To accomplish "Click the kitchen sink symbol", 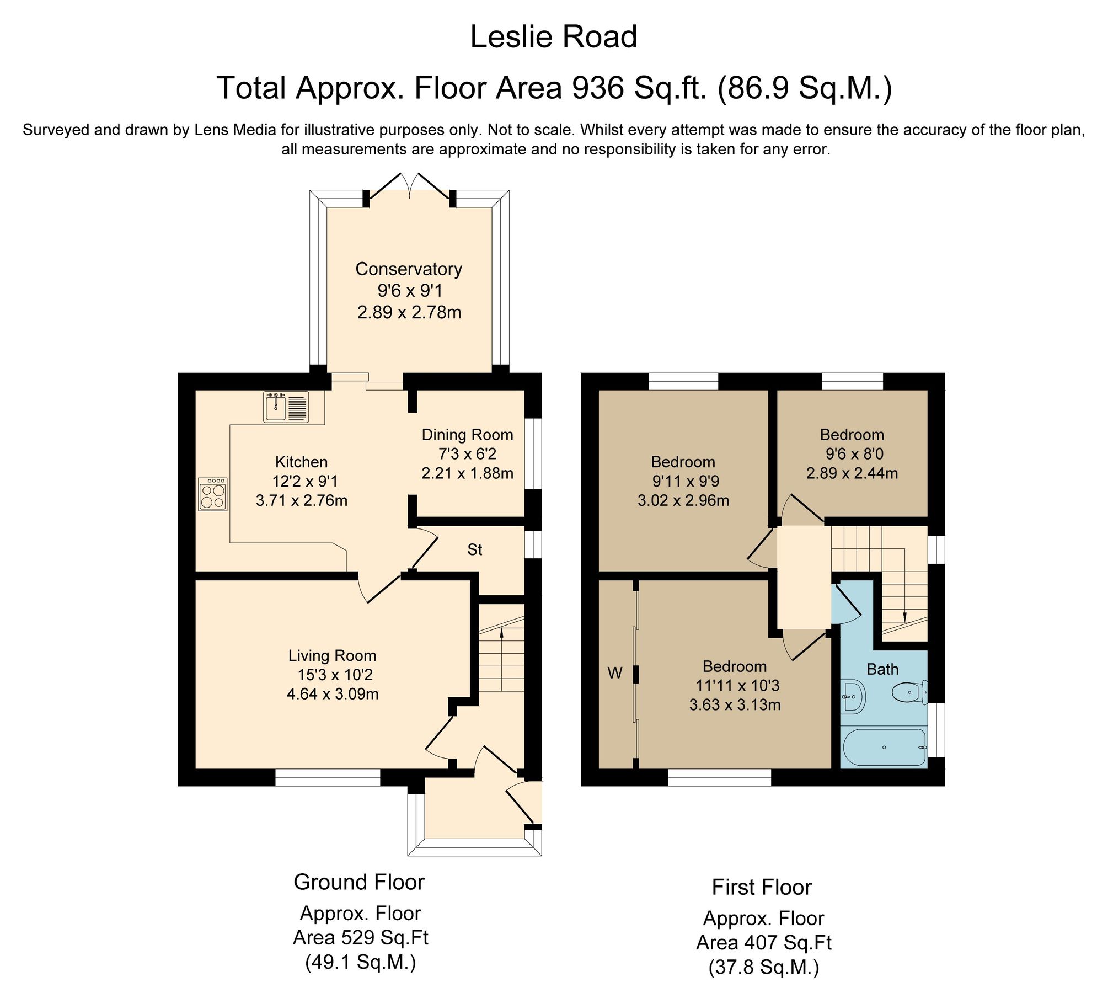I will tap(286, 407).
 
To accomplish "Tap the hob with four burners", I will tap(213, 494).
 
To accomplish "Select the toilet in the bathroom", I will tap(909, 693).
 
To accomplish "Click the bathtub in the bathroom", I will tap(884, 748).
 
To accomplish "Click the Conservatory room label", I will tap(408, 269).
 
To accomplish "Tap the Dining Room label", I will tap(467, 435).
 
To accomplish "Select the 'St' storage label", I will tap(474, 549).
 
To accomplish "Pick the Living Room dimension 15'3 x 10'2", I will tap(332, 675).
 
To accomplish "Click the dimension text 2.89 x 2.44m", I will tap(852, 473).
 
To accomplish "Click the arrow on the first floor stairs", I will tap(904, 617).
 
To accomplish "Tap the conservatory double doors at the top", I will tap(409, 185).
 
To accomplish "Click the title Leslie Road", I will tap(553, 37).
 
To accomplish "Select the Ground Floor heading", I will tap(358, 882).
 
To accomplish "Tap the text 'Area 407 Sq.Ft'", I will tap(763, 943).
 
